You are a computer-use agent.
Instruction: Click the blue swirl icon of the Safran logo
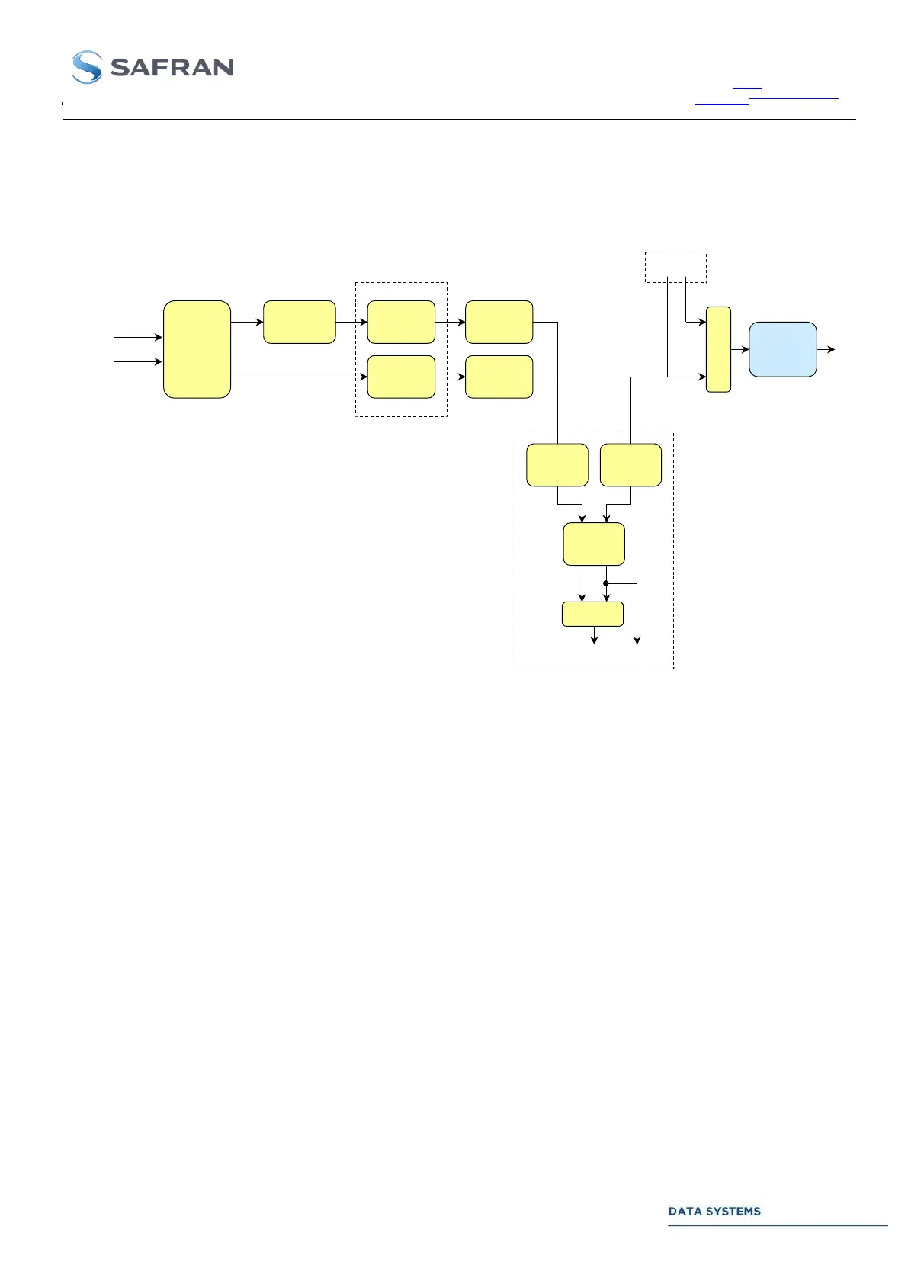click(87, 67)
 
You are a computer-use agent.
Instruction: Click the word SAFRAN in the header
click(172, 68)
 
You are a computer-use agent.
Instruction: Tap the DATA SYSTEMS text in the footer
click(714, 1211)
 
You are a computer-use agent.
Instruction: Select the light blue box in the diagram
click(783, 349)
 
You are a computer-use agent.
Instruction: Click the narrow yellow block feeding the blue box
click(718, 349)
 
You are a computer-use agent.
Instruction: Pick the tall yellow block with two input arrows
click(197, 349)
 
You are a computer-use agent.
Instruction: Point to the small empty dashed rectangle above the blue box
click(675, 267)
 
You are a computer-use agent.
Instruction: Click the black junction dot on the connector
click(606, 583)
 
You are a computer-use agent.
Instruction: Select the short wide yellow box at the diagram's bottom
click(592, 614)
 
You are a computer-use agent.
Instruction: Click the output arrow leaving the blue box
click(826, 349)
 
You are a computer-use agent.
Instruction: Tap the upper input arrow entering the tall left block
click(138, 337)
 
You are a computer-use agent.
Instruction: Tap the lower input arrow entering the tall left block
click(138, 361)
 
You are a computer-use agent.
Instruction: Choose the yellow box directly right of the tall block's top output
click(299, 322)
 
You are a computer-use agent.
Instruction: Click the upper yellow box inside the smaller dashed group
click(401, 322)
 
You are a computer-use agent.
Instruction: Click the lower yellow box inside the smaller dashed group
click(401, 377)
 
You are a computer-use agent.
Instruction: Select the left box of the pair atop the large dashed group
click(557, 464)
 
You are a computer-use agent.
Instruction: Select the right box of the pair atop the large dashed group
click(630, 464)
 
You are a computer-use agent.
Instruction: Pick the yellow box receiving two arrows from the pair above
click(594, 544)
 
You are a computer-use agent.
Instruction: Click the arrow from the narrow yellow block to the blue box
click(740, 349)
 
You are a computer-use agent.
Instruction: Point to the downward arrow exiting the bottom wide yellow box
click(595, 636)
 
